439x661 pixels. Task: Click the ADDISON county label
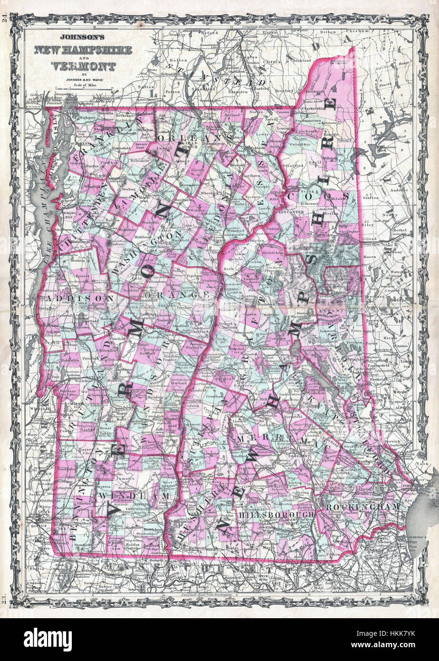[80, 298]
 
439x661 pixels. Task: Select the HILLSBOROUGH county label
[276, 515]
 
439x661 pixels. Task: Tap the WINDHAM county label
[136, 496]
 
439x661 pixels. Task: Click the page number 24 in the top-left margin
[5, 19]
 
